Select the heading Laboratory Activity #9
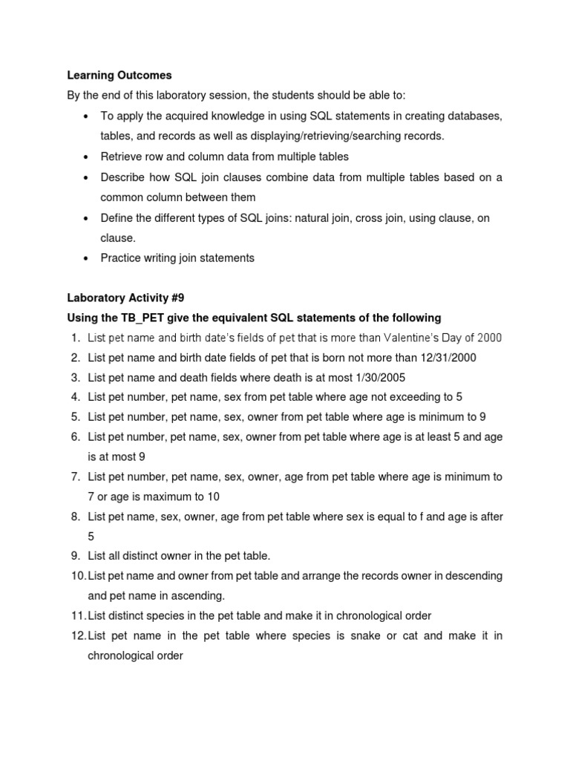(x=125, y=298)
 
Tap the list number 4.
(x=76, y=397)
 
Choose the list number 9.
(x=76, y=556)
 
